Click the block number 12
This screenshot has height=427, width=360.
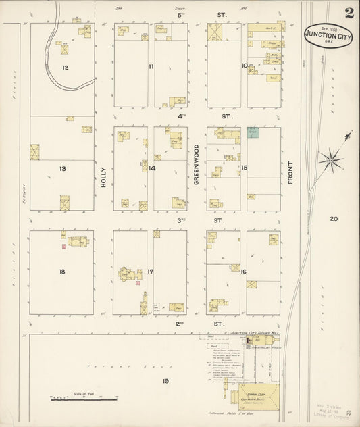point(65,67)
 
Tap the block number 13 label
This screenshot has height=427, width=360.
point(63,168)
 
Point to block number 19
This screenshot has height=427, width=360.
point(165,382)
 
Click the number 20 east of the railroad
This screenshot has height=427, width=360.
point(334,218)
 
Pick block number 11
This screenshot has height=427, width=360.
point(151,66)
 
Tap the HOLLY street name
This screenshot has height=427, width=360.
point(104,178)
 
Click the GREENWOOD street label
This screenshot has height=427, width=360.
point(197,163)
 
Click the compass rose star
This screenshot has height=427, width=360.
point(330,159)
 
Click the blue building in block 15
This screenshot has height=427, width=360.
point(253,132)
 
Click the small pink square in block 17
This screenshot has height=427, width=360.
point(138,283)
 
